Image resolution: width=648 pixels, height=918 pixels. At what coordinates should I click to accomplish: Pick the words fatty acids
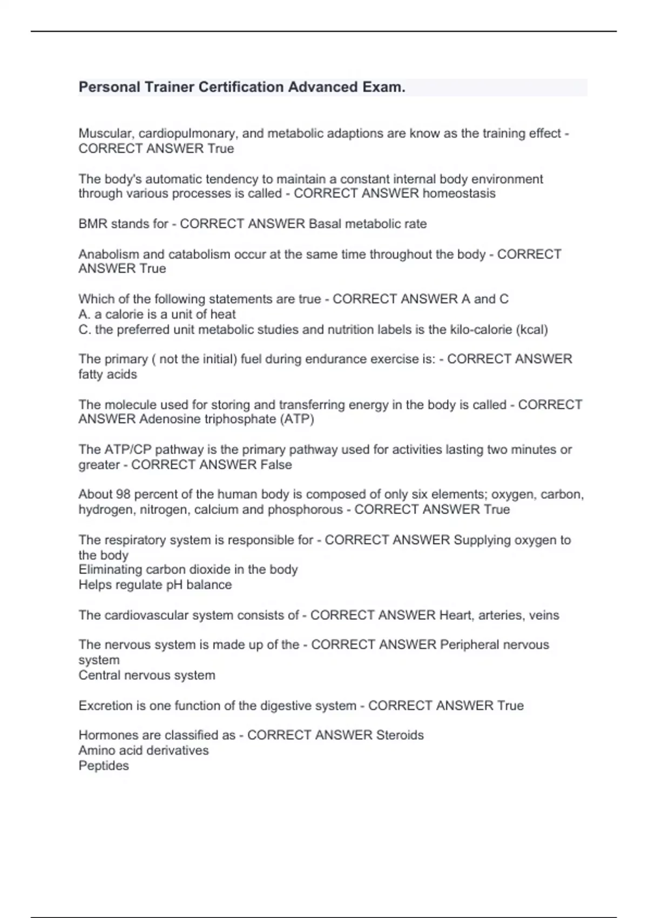(x=107, y=374)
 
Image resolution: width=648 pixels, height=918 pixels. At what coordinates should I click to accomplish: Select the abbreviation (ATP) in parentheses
(x=297, y=419)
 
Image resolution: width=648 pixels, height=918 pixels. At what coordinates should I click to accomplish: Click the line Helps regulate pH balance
(x=155, y=584)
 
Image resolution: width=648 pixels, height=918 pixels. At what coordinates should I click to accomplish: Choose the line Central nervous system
(x=147, y=675)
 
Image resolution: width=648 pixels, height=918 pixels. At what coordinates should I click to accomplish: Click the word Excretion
(x=105, y=705)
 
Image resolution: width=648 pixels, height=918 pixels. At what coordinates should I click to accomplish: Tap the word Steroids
(x=400, y=735)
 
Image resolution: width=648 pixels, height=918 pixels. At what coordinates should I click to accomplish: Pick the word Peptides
(x=104, y=766)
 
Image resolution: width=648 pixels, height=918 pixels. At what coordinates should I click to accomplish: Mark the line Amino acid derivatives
(x=144, y=750)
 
